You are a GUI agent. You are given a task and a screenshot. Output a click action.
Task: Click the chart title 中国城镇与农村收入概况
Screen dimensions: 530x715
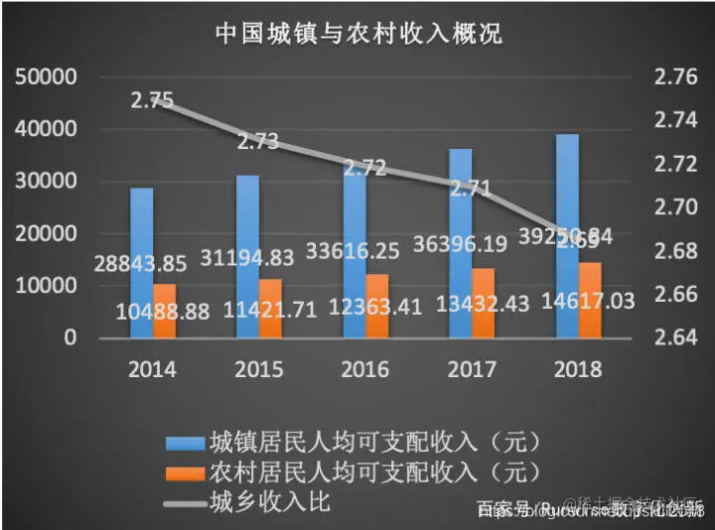(x=358, y=33)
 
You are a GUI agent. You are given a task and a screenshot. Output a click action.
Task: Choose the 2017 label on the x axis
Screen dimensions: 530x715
(x=473, y=369)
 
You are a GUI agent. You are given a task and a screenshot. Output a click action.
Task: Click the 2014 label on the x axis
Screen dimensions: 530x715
(x=152, y=369)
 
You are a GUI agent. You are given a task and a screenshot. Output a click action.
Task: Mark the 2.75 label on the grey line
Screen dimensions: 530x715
(x=152, y=99)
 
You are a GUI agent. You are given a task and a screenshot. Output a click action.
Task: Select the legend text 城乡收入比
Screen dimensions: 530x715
(x=270, y=501)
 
